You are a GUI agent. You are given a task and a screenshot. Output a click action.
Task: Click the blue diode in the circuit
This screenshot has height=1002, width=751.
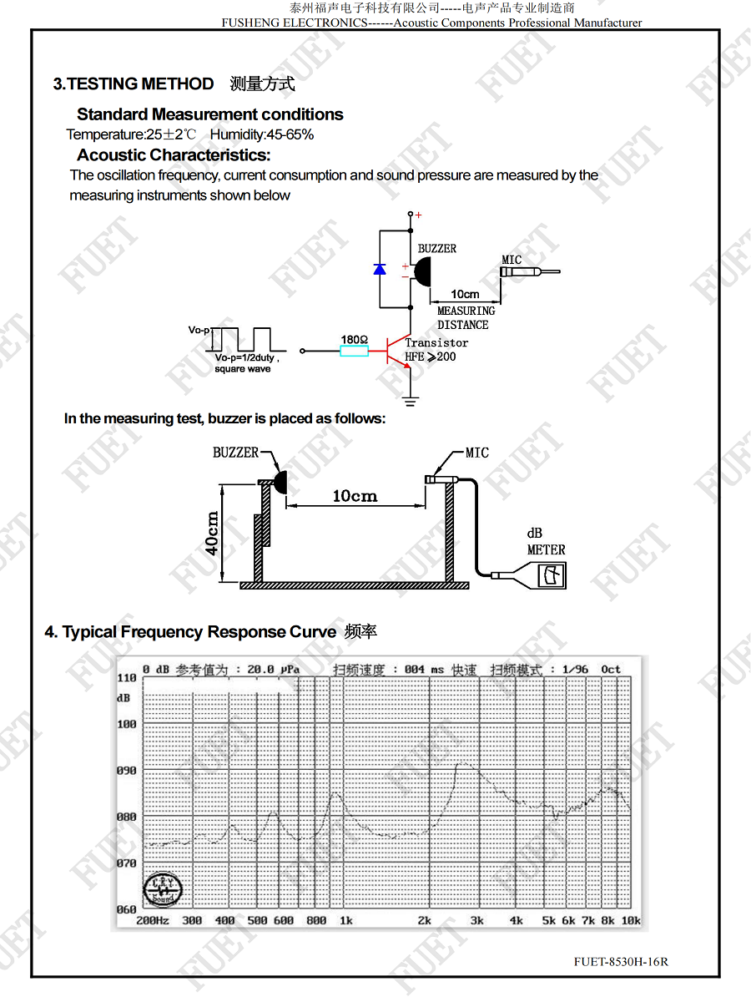click(380, 270)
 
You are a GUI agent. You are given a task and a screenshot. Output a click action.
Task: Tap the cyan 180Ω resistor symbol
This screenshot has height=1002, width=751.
click(355, 351)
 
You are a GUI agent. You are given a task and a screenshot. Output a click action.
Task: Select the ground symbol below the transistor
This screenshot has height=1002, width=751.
click(411, 402)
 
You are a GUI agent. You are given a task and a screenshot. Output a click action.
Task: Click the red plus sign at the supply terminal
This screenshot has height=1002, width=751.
click(418, 215)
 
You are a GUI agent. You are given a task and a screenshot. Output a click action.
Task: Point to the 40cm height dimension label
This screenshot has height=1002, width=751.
click(212, 534)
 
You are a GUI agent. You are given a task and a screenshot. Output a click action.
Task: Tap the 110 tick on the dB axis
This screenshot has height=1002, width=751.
click(126, 678)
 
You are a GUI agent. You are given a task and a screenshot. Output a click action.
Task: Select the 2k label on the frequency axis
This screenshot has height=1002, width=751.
click(424, 920)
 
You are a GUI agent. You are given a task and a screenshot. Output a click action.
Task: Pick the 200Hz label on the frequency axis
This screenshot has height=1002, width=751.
click(153, 920)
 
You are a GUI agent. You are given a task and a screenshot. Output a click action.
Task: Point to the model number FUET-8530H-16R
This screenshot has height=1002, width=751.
click(621, 962)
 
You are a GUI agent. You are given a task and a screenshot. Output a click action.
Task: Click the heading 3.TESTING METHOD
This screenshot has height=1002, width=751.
click(134, 84)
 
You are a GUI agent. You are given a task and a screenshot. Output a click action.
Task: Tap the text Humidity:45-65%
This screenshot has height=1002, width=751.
click(262, 134)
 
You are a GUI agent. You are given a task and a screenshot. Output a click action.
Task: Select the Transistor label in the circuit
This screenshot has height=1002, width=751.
click(436, 342)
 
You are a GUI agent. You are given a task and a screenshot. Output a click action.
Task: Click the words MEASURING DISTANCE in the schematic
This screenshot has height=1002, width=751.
click(466, 318)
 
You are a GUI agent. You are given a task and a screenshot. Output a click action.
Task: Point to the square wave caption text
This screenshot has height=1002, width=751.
click(243, 369)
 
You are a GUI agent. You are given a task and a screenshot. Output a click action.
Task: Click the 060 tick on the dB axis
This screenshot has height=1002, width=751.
click(126, 909)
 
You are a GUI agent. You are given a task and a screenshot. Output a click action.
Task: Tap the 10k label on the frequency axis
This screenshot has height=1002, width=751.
click(631, 920)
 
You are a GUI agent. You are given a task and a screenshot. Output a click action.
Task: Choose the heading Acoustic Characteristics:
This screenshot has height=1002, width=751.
click(174, 155)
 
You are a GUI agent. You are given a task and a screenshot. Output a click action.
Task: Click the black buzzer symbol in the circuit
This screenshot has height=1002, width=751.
click(422, 271)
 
